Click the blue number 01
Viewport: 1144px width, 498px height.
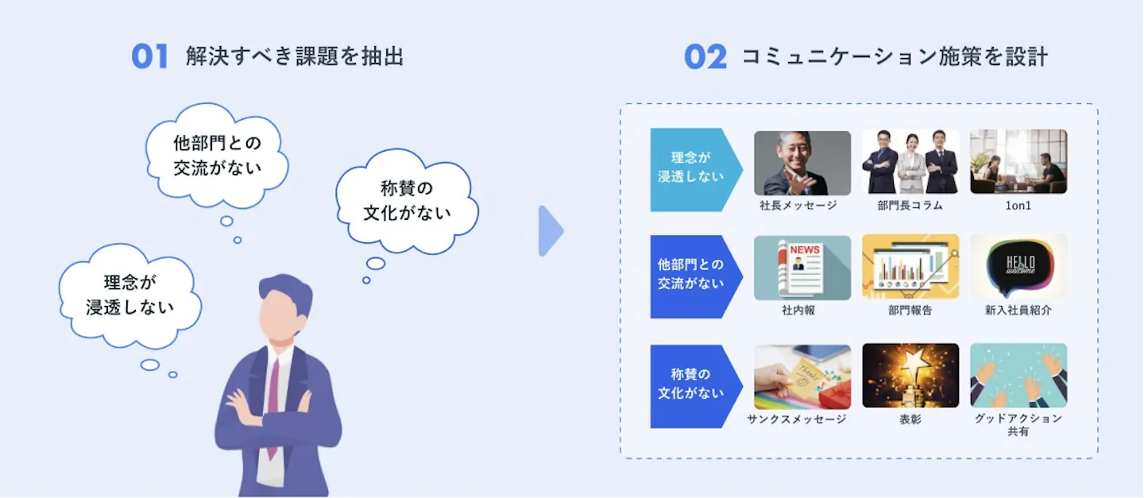[149, 56]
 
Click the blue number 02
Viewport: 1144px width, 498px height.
[705, 56]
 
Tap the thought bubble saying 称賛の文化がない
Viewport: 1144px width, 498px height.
[407, 201]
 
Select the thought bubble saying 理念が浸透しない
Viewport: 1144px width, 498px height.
[129, 295]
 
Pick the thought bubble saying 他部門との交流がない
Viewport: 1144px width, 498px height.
[217, 155]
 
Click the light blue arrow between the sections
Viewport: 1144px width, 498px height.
[551, 231]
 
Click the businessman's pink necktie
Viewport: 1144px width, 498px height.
[274, 403]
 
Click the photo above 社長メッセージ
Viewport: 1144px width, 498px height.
[802, 163]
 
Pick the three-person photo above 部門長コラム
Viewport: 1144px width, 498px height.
[910, 162]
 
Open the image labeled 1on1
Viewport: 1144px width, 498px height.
[1018, 161]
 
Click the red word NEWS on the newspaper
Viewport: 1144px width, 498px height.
[804, 249]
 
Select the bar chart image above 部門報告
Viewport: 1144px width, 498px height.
[910, 267]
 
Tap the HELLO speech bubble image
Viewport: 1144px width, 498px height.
[1018, 267]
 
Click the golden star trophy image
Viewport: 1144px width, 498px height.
[910, 376]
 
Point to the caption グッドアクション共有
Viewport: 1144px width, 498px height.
[1018, 425]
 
